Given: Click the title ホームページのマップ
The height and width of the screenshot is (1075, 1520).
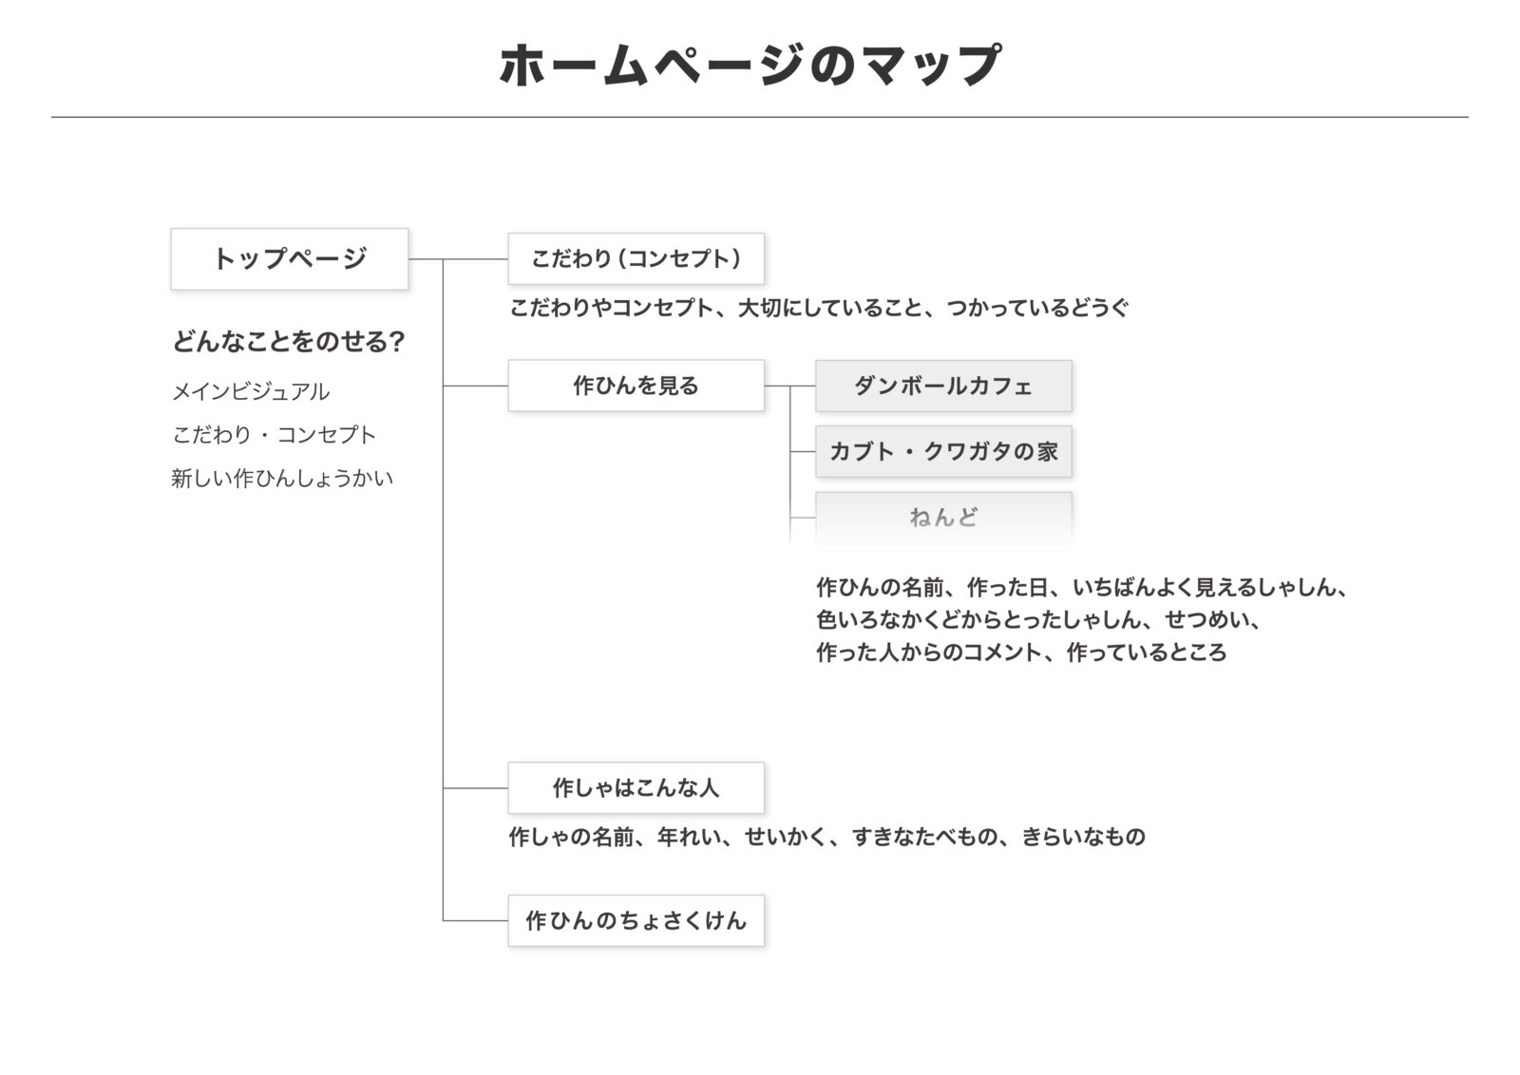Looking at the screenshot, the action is pos(750,66).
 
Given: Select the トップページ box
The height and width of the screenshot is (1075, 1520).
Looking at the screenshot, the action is pos(290,259).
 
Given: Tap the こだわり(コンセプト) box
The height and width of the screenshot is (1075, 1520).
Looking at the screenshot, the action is pos(636,258).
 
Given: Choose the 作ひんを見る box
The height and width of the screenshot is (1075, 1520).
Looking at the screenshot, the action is pos(636,386).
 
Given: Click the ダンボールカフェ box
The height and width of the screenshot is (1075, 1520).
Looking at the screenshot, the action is pos(943,386).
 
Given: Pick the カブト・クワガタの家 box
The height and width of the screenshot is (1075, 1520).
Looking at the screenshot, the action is pos(943,452).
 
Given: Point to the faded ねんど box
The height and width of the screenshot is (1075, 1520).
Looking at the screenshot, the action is pos(943,518).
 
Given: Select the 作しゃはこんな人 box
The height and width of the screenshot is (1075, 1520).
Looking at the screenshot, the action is pos(636,787).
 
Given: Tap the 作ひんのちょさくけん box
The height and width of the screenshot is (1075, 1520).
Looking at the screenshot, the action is pos(636,920).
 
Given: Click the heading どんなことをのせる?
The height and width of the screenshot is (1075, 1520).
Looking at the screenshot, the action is pos(289,341).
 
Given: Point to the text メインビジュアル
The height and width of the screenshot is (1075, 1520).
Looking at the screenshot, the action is pos(251,391).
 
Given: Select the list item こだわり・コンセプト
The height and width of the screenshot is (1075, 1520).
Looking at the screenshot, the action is pos(274,435).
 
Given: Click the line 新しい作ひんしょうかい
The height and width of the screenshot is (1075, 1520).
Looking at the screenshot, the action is pos(282,479).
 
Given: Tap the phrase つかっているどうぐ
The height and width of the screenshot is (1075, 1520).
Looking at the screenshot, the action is pos(1037,308).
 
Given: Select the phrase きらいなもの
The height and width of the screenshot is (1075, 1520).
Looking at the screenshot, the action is pos(1084,837).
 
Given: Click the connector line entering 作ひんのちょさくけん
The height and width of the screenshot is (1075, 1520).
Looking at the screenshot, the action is pos(476,920).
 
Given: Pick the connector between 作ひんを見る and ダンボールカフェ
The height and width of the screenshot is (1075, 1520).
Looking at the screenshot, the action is pos(789,386).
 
